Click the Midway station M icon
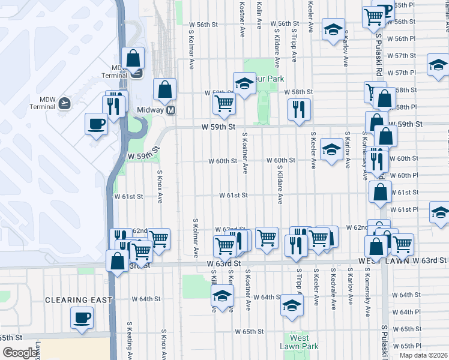click(171, 110)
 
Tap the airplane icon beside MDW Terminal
click(64, 103)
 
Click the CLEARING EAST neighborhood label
click(78, 299)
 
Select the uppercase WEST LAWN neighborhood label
click(384, 261)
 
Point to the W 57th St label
click(402, 55)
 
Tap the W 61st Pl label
click(404, 209)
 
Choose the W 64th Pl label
click(406, 312)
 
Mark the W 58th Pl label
click(406, 107)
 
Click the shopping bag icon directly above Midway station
click(164, 90)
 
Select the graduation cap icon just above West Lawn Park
click(292, 306)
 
